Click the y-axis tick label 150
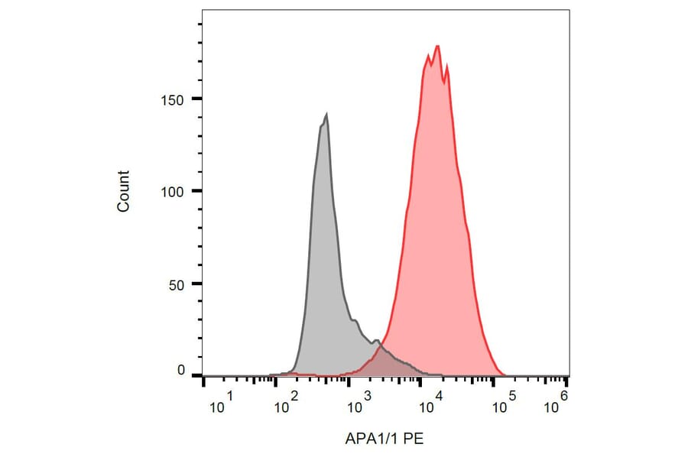click(175, 99)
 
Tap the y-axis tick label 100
click(175, 191)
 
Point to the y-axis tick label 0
click(181, 371)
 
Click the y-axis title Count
click(124, 191)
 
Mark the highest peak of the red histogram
click(437, 46)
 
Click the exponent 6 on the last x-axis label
click(563, 395)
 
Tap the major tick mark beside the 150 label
click(197, 99)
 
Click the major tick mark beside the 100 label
click(197, 191)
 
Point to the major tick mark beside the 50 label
click(197, 284)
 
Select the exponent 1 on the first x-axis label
click(229, 395)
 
